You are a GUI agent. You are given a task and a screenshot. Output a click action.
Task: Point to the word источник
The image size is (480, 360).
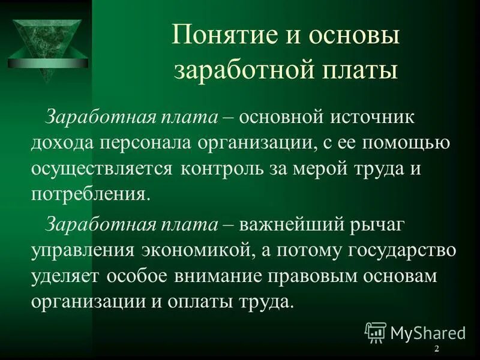coord(375,116)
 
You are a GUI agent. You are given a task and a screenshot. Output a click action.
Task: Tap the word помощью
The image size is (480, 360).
coord(412,143)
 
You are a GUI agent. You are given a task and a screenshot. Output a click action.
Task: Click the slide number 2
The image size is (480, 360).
coord(436,349)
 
